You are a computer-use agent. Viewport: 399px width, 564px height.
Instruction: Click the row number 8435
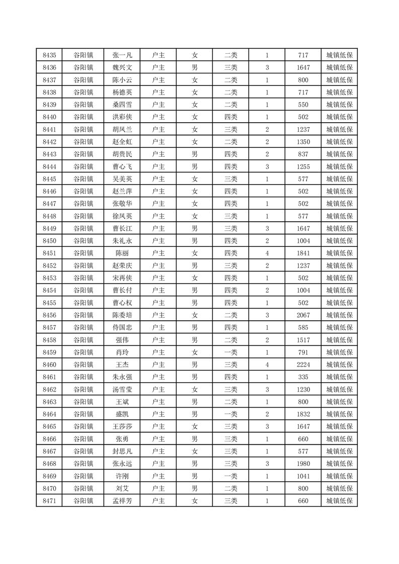[x=49, y=55]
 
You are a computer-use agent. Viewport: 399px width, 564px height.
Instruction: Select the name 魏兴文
[x=122, y=67]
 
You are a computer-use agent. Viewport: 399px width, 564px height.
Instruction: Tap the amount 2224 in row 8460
[x=303, y=364]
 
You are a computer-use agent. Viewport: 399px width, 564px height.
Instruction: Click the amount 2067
[x=303, y=315]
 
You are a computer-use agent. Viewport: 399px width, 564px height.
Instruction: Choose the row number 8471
[x=49, y=501]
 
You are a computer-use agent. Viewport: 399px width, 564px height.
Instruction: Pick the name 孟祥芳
[x=122, y=501]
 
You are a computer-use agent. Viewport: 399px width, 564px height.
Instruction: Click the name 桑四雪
[x=122, y=105]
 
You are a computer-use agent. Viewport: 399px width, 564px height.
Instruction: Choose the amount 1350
[x=303, y=142]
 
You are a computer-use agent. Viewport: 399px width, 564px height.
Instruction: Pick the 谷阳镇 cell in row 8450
[x=84, y=241]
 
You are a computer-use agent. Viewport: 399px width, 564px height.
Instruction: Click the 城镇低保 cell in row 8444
[x=339, y=166]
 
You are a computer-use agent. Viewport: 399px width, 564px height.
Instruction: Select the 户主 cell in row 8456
[x=158, y=315]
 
